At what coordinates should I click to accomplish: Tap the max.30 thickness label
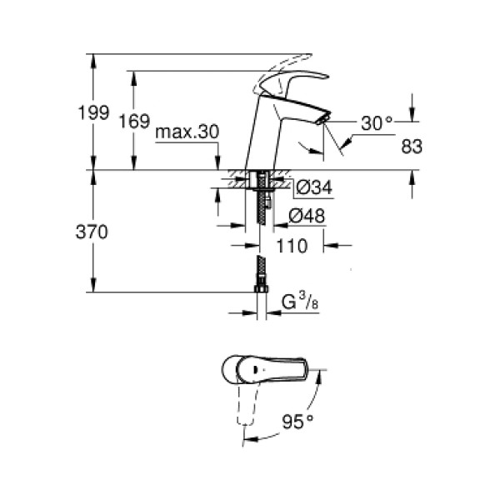coord(186,132)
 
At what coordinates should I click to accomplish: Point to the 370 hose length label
coord(92,233)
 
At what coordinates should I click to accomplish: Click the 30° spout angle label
coord(376,123)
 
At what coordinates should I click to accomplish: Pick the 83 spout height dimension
coord(412,146)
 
